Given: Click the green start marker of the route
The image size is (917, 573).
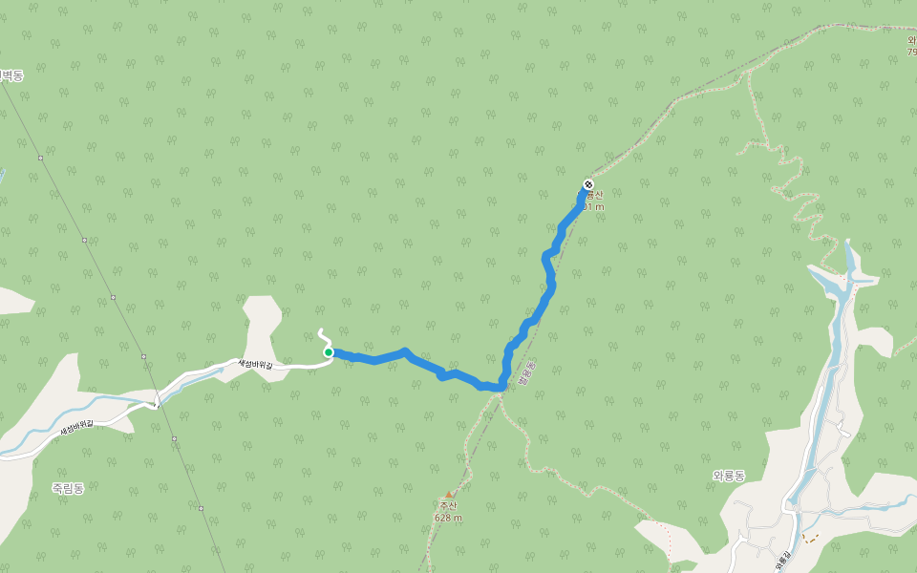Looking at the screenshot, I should point(329,352).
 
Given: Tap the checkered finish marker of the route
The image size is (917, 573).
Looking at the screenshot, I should point(588,184).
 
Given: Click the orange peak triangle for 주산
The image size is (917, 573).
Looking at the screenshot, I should point(449,494).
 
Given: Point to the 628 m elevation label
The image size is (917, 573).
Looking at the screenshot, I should point(448,518).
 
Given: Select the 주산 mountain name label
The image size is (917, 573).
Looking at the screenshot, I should point(449,506).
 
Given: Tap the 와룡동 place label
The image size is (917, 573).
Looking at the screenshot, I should point(729,476).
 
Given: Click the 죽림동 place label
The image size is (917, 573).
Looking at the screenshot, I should point(68,488).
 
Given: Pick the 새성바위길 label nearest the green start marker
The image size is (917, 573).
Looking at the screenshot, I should point(255,364).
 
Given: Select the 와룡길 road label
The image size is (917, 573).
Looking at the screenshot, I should point(783,562).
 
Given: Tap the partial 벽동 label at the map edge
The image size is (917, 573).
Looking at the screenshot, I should point(11,75).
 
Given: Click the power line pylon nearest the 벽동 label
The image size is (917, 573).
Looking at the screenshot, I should point(40,158).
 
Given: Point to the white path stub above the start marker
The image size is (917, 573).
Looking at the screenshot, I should point(323,336).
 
